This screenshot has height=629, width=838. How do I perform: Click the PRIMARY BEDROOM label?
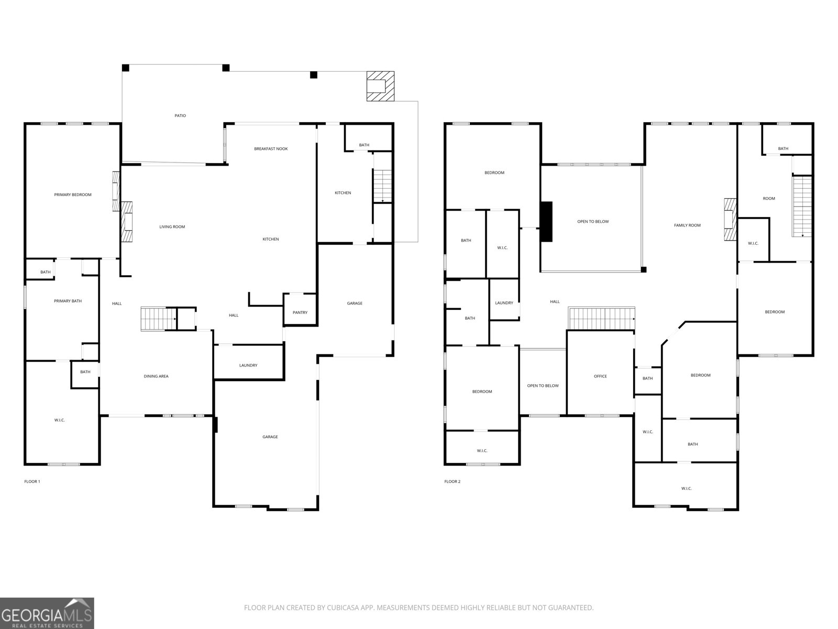click(x=73, y=195)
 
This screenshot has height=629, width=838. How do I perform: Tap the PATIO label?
click(x=180, y=116)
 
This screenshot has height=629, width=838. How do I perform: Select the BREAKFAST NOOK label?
click(x=271, y=149)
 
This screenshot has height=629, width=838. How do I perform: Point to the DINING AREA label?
click(x=156, y=376)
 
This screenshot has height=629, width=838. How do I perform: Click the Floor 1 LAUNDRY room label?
click(x=248, y=365)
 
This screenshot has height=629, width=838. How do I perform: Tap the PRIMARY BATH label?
click(x=68, y=301)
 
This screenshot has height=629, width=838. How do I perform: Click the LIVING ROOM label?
click(x=172, y=227)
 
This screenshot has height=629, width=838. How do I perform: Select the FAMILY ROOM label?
click(x=687, y=225)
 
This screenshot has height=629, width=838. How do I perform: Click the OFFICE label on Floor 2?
click(x=600, y=376)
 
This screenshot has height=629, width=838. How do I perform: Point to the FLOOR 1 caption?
click(x=32, y=482)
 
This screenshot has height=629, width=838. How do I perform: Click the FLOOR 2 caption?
click(x=452, y=482)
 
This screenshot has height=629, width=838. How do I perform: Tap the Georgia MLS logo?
click(x=47, y=613)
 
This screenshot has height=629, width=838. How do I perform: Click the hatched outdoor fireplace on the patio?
click(x=380, y=86)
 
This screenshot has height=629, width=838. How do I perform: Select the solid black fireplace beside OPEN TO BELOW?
click(x=546, y=222)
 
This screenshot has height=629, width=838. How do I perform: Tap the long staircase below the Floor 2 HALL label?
click(x=601, y=318)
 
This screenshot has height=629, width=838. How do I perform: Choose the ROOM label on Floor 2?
click(x=769, y=199)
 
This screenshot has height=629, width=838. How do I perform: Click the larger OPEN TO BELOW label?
click(x=593, y=222)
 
